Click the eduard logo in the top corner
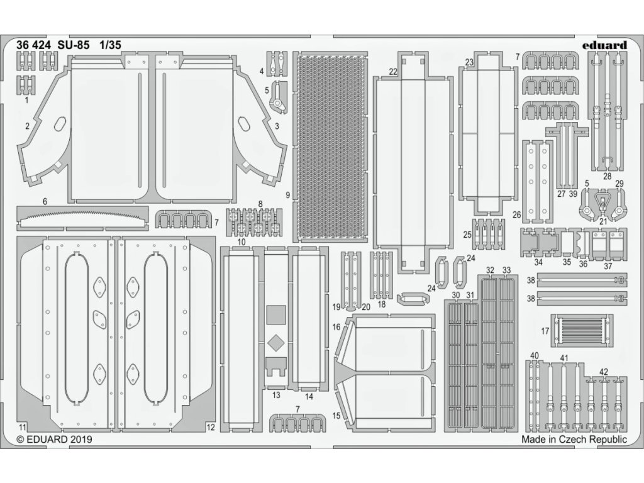coord(604,45)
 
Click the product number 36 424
coord(34,45)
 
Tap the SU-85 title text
coord(74,45)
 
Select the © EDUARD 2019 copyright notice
coord(54,440)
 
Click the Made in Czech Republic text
coord(574,440)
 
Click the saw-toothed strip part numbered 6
coord(82,217)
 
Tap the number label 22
coord(393,72)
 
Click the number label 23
coord(469,62)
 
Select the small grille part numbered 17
coord(582,331)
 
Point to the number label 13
coord(276,395)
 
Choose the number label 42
coord(603,372)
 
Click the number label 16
coord(336,327)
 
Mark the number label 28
coord(608,177)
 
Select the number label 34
coord(538,262)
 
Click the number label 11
coord(22,427)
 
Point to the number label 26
coord(517,214)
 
